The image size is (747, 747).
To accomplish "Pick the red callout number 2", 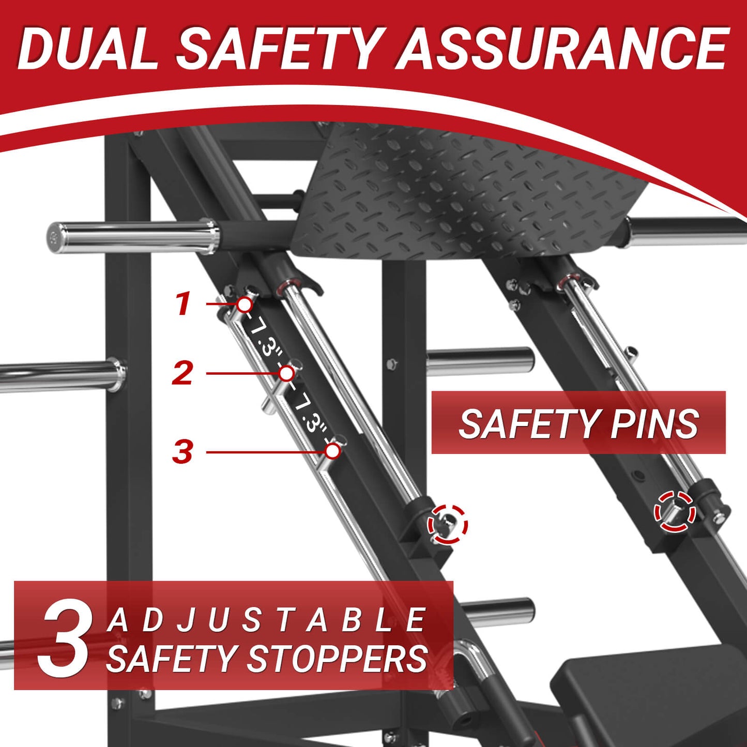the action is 182,373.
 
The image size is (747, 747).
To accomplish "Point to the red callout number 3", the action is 182,451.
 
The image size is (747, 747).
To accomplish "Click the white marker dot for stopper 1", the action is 245,304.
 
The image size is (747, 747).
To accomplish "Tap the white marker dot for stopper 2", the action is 286,373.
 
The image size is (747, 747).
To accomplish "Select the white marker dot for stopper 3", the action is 332,451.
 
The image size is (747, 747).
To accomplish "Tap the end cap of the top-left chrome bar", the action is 54,238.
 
